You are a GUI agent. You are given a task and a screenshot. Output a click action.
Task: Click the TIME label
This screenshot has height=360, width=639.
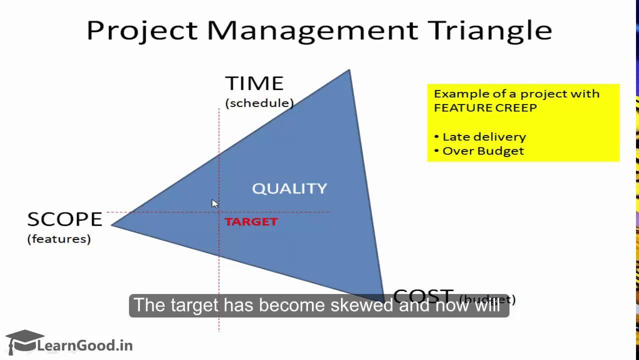pos(254,83)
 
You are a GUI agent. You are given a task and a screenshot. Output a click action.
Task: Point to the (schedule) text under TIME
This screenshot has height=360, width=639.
pos(259,103)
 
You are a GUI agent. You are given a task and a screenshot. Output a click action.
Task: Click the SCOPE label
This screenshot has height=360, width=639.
pos(64,219)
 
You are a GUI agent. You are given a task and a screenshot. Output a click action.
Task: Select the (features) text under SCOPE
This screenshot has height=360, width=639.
pos(59,239)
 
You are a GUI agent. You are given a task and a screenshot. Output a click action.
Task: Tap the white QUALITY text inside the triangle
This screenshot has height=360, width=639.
pos(289,188)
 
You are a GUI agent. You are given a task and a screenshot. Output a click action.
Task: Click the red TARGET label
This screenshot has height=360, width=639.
pos(251,222)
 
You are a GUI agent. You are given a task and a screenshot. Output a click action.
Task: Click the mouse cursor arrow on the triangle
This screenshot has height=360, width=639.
pos(214,203)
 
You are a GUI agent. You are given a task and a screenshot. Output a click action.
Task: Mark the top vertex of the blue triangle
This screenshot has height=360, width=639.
pos(349,71)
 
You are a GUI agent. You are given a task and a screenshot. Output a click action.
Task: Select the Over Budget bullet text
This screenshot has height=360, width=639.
pos(482,151)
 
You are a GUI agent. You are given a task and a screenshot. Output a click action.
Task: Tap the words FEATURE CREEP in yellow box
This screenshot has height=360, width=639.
pos(485,107)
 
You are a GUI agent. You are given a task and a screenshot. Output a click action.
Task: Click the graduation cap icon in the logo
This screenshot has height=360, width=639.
pos(24,341)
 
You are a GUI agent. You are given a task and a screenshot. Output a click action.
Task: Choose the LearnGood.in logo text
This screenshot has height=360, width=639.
pos(84,345)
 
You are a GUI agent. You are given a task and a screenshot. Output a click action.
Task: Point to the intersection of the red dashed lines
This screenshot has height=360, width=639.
pos(219,212)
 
